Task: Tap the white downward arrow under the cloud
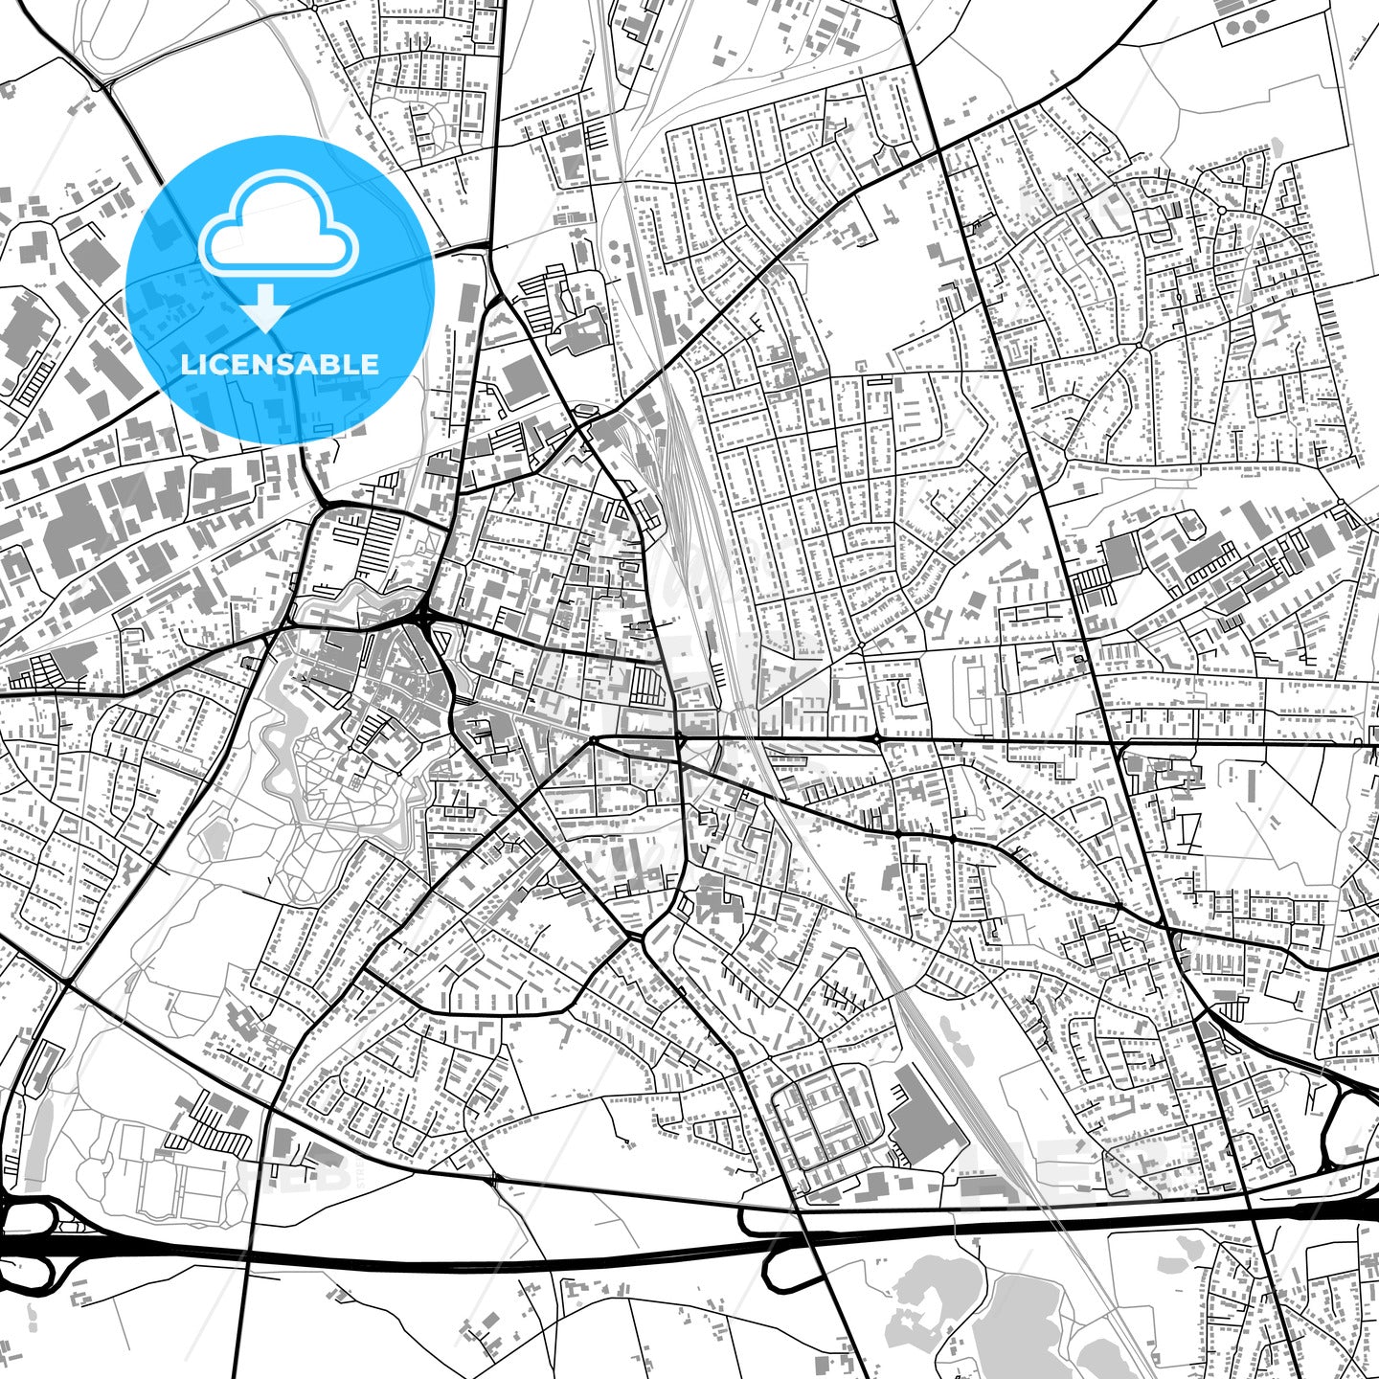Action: pyautogui.click(x=267, y=307)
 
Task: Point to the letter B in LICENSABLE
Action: pyautogui.click(x=335, y=364)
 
